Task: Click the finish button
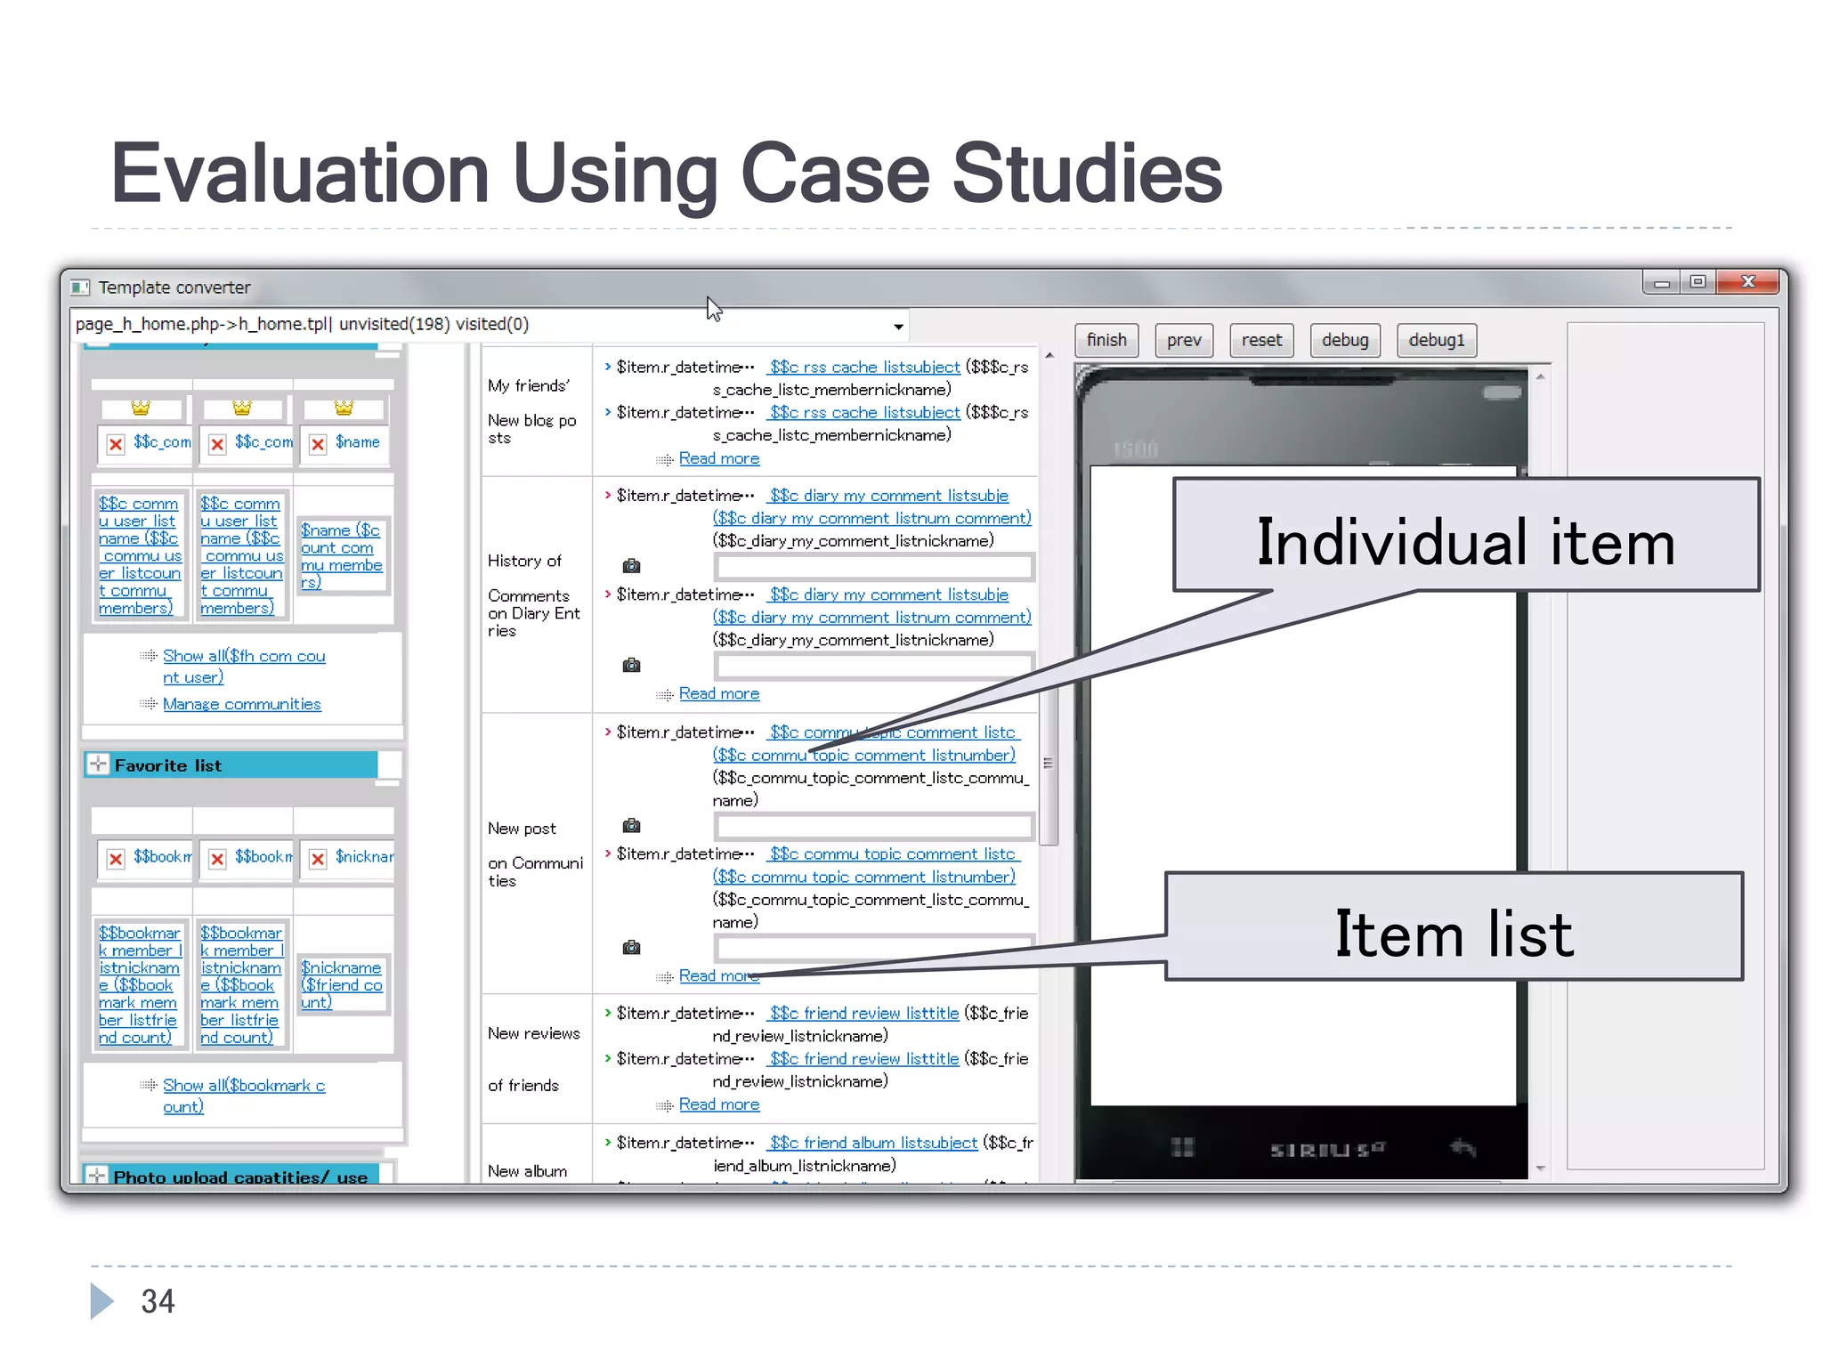click(1106, 340)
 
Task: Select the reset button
click(1261, 340)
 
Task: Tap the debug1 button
click(1436, 340)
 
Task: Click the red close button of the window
click(1747, 282)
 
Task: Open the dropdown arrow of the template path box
click(898, 327)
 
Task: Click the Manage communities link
click(241, 704)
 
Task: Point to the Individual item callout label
click(1465, 542)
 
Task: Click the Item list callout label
click(1454, 934)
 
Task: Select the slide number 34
click(158, 1301)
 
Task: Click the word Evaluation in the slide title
click(300, 174)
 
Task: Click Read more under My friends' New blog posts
click(718, 458)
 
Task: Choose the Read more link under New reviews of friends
click(718, 1104)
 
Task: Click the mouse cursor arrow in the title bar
click(713, 308)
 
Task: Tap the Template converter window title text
click(174, 287)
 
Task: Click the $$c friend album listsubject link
click(873, 1143)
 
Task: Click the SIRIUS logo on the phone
click(1326, 1149)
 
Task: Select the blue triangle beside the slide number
click(101, 1301)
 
